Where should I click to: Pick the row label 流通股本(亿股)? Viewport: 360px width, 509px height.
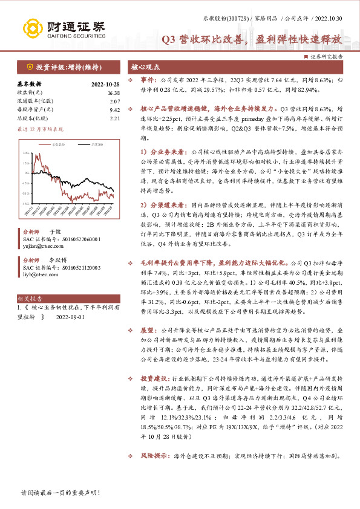[x=32, y=102]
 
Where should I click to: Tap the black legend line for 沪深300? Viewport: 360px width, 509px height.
[x=82, y=145]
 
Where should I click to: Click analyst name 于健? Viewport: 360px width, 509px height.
[x=54, y=232]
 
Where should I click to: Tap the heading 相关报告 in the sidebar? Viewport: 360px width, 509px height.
[x=30, y=298]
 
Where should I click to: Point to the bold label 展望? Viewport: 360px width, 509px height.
[x=148, y=331]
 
